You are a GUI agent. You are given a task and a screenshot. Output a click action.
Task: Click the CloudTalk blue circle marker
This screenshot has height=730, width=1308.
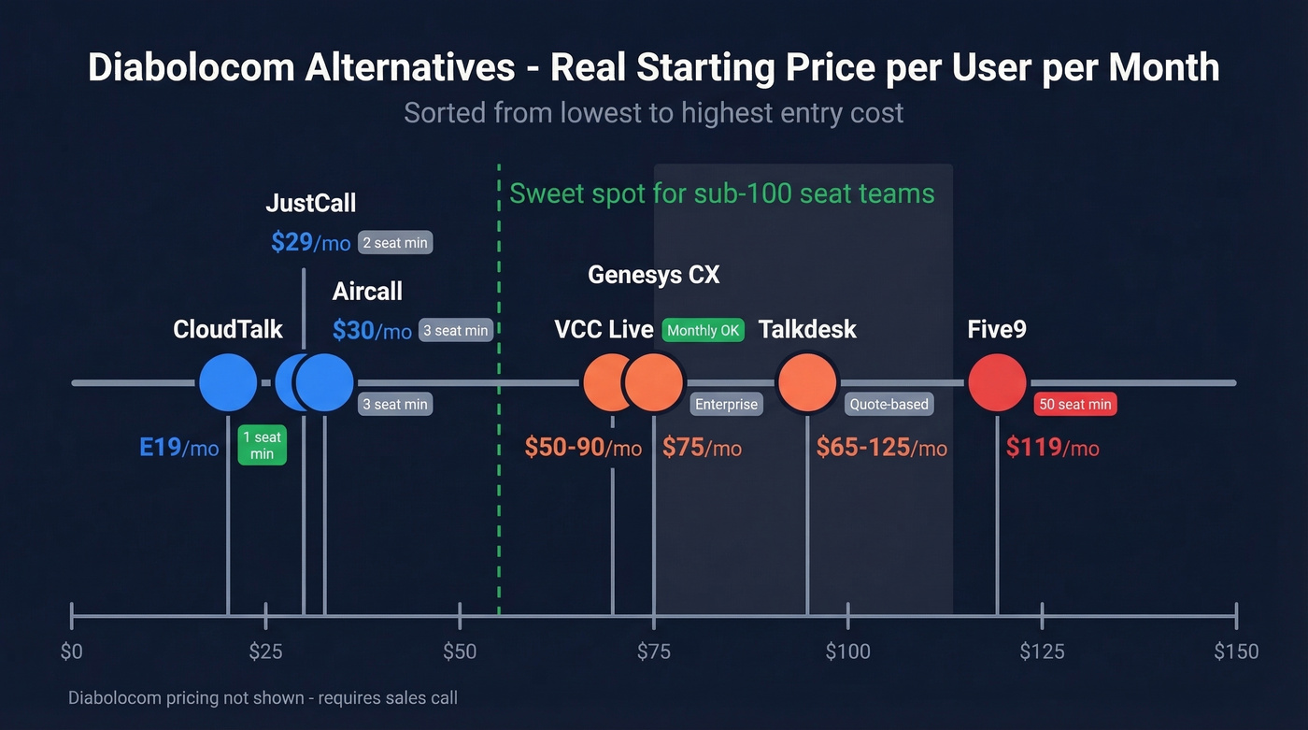pyautogui.click(x=228, y=383)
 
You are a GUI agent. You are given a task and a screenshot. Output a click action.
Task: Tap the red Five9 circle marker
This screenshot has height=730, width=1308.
pyautogui.click(x=997, y=383)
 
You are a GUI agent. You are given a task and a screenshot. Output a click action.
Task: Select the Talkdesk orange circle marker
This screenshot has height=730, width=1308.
pyautogui.click(x=807, y=382)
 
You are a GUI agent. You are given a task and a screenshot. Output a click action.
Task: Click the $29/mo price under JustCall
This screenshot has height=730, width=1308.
pyautogui.click(x=310, y=243)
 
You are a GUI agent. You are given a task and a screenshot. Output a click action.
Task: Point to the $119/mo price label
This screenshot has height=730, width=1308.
pyautogui.click(x=1052, y=448)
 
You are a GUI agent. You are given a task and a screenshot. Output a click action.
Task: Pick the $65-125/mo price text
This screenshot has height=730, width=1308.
pyautogui.click(x=881, y=448)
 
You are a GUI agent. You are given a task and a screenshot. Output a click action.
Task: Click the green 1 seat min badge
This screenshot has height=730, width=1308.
pyautogui.click(x=262, y=445)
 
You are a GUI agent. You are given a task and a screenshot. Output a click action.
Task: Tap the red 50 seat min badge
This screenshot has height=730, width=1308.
pyautogui.click(x=1075, y=405)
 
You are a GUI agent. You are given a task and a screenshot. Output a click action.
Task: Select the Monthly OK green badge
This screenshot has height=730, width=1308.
pyautogui.click(x=703, y=331)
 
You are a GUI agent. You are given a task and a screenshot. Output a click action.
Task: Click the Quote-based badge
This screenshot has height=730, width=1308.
pyautogui.click(x=889, y=405)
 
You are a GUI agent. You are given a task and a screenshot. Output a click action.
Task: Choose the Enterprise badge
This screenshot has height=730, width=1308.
pyautogui.click(x=726, y=405)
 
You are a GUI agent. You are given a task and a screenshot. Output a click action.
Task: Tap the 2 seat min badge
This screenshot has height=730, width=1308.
pyautogui.click(x=394, y=243)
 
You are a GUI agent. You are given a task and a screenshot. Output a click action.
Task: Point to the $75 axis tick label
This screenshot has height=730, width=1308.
pyautogui.click(x=653, y=651)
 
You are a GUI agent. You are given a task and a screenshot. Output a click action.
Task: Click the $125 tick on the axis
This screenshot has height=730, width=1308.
pyautogui.click(x=1042, y=617)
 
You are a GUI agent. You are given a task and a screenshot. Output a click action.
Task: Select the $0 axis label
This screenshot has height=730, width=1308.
pyautogui.click(x=72, y=651)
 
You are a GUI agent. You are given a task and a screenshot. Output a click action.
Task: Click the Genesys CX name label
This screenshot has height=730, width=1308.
pyautogui.click(x=653, y=275)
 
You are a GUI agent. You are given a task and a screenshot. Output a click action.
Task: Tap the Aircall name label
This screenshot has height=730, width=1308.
pyautogui.click(x=367, y=292)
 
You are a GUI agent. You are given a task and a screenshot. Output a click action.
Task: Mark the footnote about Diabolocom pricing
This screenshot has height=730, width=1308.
pyautogui.click(x=263, y=698)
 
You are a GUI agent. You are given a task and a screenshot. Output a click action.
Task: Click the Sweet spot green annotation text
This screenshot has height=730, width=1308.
pyautogui.click(x=721, y=193)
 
